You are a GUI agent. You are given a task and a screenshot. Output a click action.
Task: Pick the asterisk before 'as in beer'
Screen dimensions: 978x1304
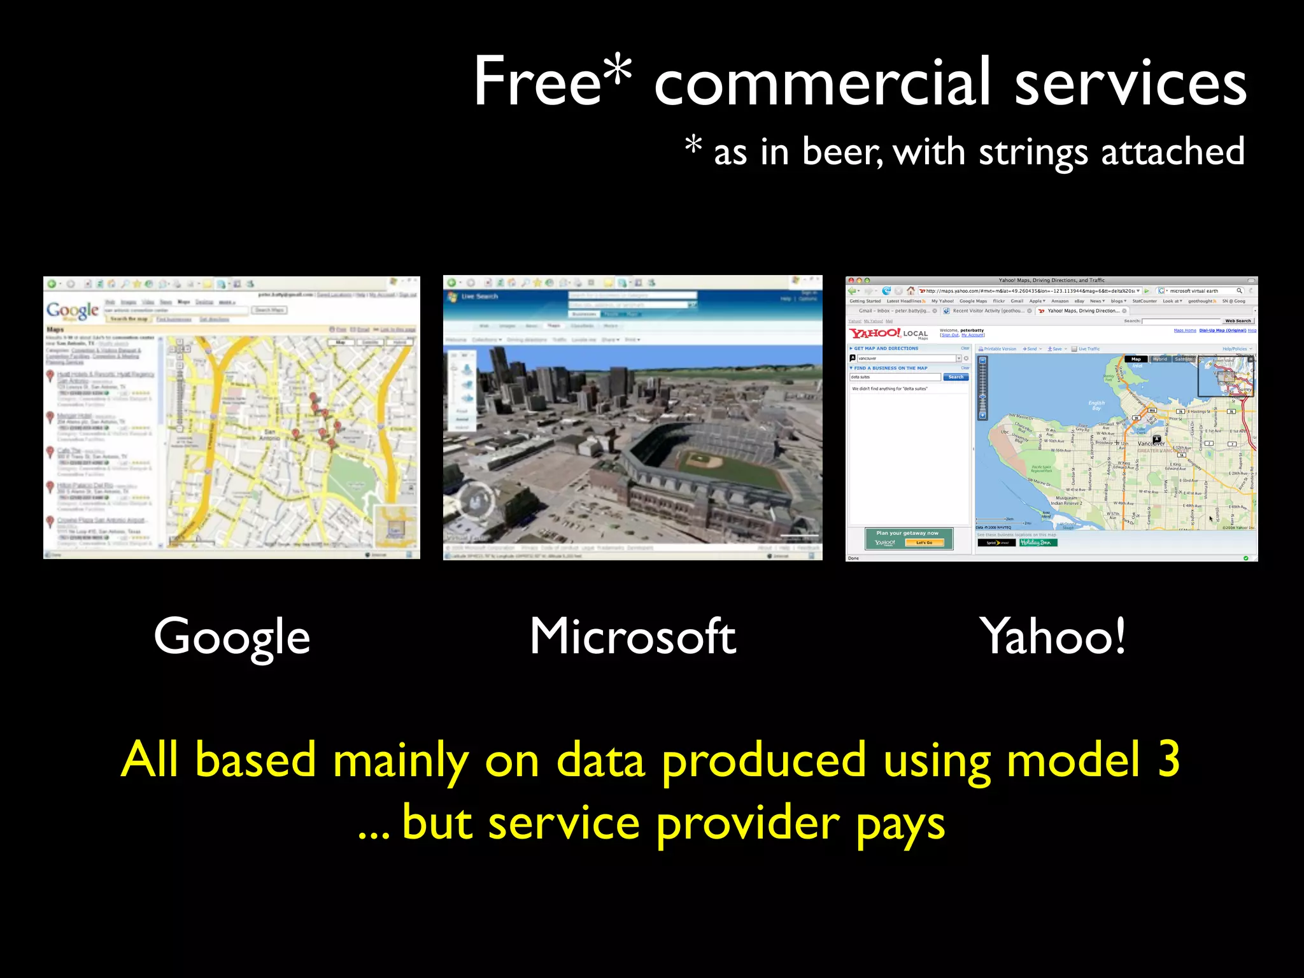(x=693, y=145)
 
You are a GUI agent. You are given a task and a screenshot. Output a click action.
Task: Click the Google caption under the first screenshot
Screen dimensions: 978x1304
(x=232, y=637)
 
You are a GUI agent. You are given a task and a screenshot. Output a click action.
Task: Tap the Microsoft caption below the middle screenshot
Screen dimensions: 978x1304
(x=633, y=637)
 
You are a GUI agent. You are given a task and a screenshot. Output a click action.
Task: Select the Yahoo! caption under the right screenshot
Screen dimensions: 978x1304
(x=1053, y=637)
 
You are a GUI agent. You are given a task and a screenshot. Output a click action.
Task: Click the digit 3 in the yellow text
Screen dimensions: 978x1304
(x=1168, y=759)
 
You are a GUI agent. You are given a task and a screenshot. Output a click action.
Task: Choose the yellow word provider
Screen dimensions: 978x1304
(x=748, y=824)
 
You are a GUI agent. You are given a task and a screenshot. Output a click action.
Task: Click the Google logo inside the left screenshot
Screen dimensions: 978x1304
(x=73, y=310)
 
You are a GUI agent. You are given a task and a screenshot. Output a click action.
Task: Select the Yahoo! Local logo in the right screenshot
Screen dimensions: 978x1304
(x=888, y=333)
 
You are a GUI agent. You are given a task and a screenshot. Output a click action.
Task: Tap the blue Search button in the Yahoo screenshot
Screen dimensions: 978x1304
(x=956, y=377)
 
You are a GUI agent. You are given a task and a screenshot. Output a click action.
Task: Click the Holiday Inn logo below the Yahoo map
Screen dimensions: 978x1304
(x=1038, y=542)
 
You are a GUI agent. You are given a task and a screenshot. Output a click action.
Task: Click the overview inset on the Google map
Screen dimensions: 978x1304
(x=396, y=525)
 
